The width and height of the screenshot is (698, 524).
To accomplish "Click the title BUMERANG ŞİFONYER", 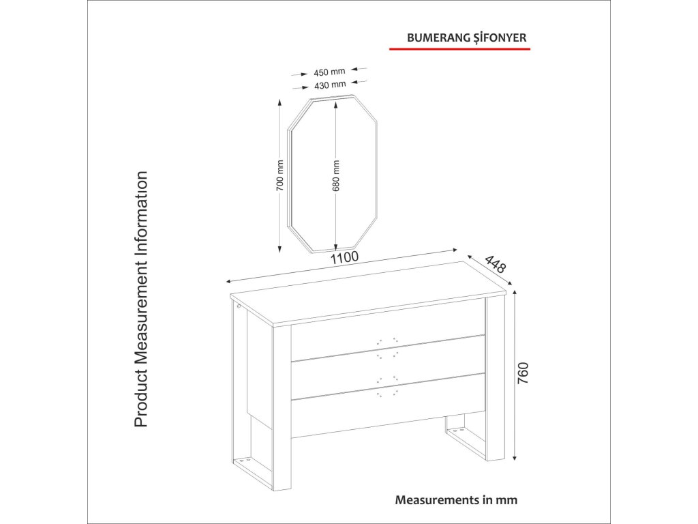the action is pyautogui.click(x=466, y=38).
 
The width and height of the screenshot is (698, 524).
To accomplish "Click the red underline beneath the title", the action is pyautogui.click(x=459, y=50).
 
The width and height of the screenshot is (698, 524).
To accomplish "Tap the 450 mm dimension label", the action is pyautogui.click(x=330, y=72).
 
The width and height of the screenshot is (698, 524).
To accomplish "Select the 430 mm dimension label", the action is pyautogui.click(x=330, y=85).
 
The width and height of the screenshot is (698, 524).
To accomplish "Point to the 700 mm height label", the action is pyautogui.click(x=279, y=175).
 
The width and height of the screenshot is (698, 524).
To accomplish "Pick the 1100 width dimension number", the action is pyautogui.click(x=344, y=259).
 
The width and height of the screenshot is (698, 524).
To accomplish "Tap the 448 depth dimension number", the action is pyautogui.click(x=496, y=265).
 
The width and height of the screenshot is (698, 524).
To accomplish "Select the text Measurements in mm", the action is pyautogui.click(x=456, y=499).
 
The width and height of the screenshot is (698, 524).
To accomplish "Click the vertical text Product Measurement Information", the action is pyautogui.click(x=141, y=300).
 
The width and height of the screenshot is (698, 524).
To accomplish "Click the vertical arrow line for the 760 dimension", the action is pyautogui.click(x=515, y=375).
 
